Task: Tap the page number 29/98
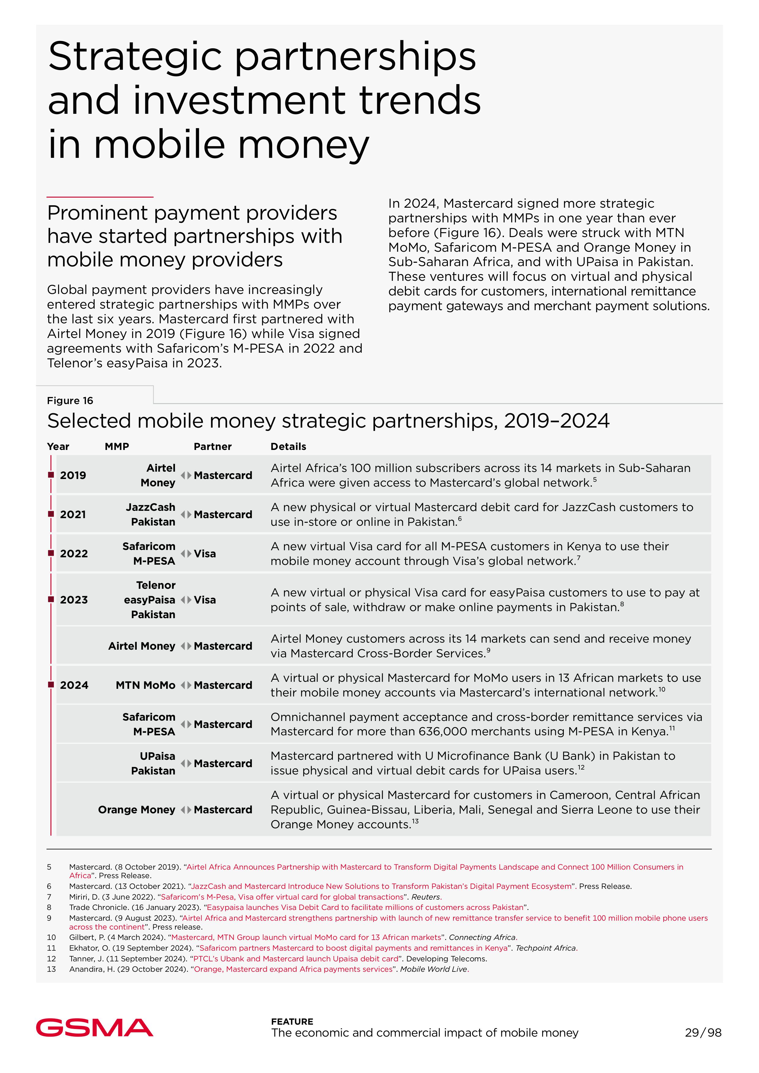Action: tap(703, 1032)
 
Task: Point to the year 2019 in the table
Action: tap(73, 475)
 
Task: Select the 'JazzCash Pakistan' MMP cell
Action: tap(151, 514)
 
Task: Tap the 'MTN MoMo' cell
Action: tap(145, 685)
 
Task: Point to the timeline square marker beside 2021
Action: tap(51, 514)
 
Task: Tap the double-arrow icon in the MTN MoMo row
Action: tap(186, 685)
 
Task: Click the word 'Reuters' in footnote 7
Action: tap(426, 897)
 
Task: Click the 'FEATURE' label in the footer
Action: tap(292, 1022)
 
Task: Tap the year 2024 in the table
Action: tap(74, 685)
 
